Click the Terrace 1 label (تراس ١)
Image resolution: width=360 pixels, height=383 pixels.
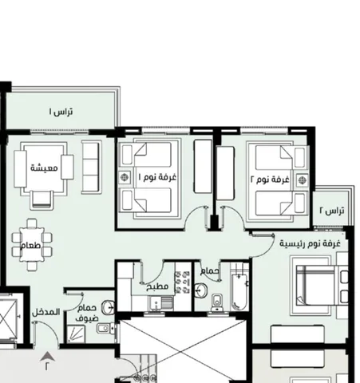[x=61, y=112]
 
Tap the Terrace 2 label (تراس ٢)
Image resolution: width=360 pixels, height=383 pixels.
[x=332, y=211]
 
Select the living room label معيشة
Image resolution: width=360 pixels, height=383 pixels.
[x=44, y=168]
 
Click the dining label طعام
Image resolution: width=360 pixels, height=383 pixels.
[x=30, y=245]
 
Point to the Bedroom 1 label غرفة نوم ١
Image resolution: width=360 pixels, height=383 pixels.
[x=157, y=177]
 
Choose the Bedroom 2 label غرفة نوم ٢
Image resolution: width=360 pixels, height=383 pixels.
[x=270, y=180]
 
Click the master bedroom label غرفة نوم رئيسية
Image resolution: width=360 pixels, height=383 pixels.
[x=310, y=243]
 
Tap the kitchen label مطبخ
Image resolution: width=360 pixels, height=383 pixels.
[x=157, y=286]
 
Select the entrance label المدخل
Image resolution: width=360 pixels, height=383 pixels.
[x=45, y=312]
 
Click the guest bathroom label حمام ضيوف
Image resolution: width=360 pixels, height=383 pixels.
[x=87, y=313]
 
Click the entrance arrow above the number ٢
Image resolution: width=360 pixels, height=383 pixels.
[x=47, y=357]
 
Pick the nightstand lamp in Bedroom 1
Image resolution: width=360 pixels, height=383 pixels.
[x=125, y=177]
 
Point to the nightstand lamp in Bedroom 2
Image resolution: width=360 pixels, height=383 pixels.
[x=302, y=180]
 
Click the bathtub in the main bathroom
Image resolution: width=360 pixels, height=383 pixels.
[x=239, y=292]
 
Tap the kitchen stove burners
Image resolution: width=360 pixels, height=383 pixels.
[x=182, y=282]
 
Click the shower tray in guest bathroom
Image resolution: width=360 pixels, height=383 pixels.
[x=76, y=334]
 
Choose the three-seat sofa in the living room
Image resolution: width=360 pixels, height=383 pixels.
[x=91, y=167]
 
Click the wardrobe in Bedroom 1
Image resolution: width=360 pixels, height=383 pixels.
[x=203, y=166]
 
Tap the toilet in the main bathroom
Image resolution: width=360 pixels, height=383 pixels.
[x=218, y=302]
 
